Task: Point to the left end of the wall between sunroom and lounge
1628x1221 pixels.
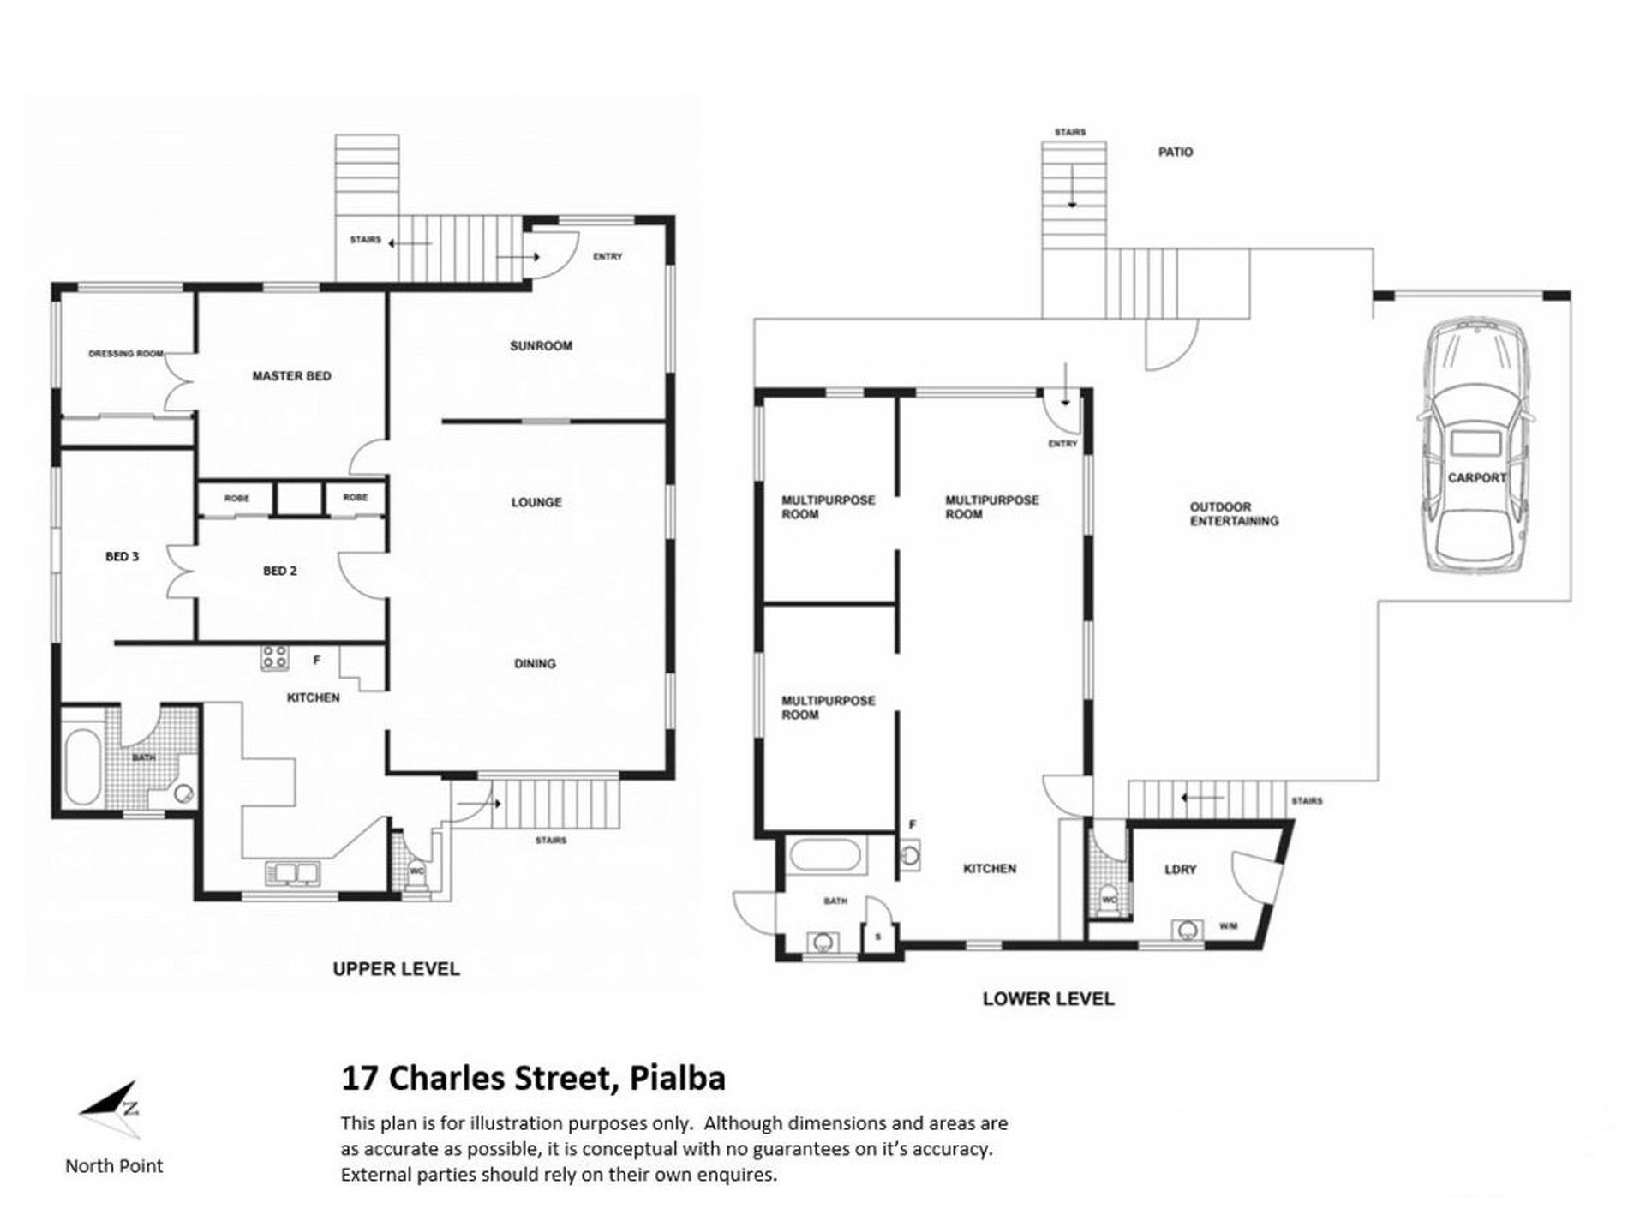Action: coord(442,422)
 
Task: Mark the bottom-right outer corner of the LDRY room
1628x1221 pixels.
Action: coord(1263,948)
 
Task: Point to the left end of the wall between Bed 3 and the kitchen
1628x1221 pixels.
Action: coord(115,643)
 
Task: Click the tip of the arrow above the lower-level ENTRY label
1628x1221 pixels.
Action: coord(1063,404)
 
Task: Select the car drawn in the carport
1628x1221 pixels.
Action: coord(1475,448)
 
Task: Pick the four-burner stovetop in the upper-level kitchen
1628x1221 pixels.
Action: coord(274,657)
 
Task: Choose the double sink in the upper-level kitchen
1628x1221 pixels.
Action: coord(292,872)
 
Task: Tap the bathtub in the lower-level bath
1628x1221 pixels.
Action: coord(829,856)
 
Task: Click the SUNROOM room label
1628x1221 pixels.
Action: coord(541,346)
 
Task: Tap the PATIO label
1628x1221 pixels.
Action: coord(1176,153)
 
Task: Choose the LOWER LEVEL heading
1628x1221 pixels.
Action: coord(1048,999)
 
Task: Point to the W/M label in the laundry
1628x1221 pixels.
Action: coord(1228,926)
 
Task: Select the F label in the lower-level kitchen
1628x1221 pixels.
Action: coord(913,825)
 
